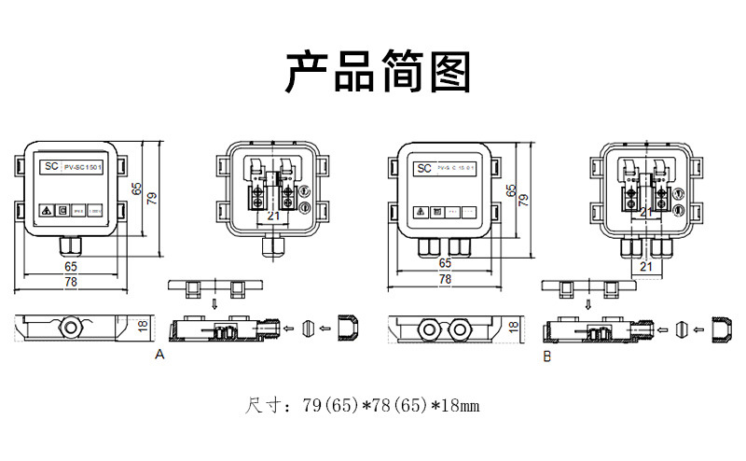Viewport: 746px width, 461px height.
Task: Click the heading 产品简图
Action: pos(378,73)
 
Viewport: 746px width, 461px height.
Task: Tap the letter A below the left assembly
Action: pos(159,355)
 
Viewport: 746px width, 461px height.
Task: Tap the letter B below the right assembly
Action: pos(547,356)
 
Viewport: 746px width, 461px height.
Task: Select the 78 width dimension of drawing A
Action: pos(71,281)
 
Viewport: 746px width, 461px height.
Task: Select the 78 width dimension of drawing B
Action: pos(445,279)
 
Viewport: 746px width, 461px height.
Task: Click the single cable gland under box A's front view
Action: pos(71,245)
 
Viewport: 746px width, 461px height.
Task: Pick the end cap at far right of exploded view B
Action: pos(723,328)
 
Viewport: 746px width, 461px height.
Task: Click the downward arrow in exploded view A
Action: pos(214,304)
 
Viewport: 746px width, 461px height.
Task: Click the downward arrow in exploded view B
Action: pos(589,304)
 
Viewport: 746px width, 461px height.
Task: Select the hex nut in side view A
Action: pos(76,329)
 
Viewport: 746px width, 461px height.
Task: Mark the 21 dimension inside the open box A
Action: pos(273,216)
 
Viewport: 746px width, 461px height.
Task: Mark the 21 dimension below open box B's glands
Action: pos(646,267)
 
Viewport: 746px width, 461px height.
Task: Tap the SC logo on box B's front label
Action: pos(422,169)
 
